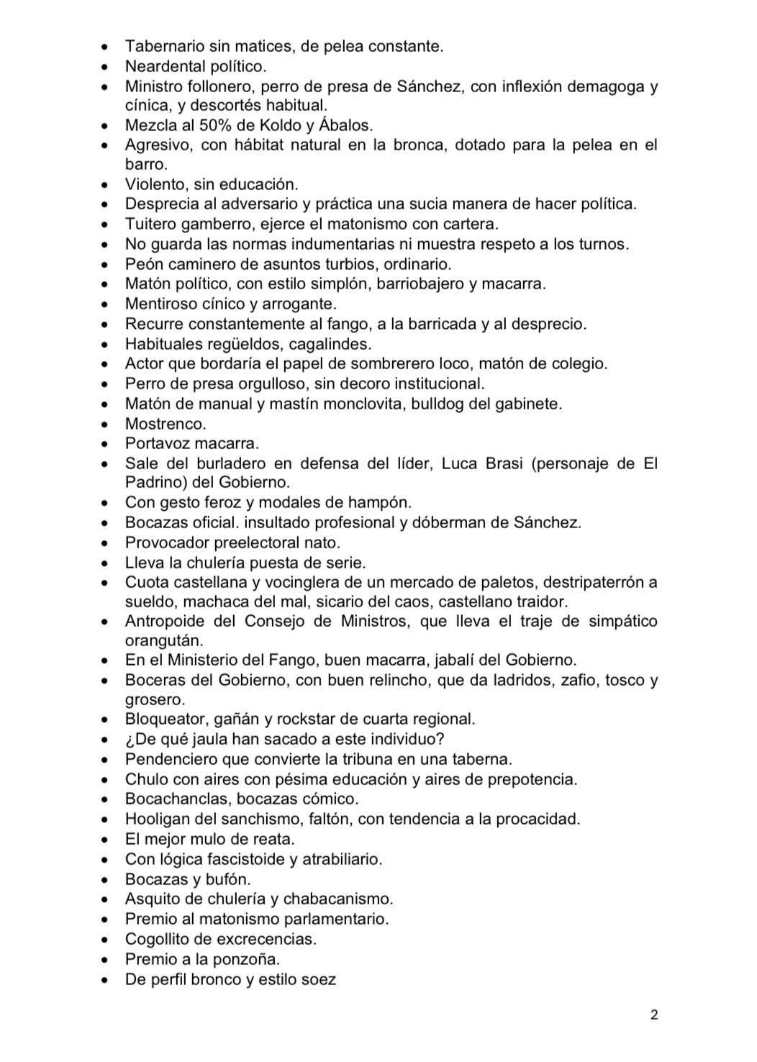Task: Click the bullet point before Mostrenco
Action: [x=106, y=425]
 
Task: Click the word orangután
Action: [x=164, y=640]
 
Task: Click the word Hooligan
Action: [x=158, y=819]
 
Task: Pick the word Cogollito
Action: [x=160, y=939]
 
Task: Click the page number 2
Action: [x=653, y=1016]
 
